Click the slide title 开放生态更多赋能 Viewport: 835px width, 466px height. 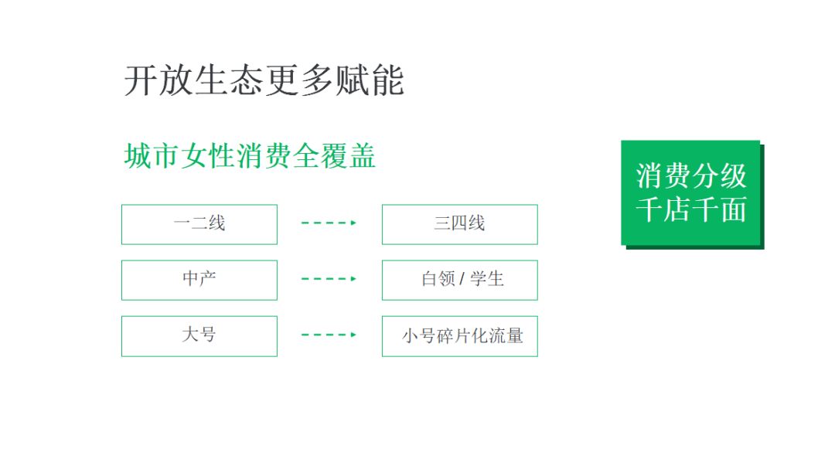pos(264,81)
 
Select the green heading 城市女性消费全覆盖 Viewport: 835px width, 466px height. pos(250,156)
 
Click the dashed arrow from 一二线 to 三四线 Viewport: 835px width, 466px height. pos(329,223)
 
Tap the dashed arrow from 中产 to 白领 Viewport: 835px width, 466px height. pos(329,278)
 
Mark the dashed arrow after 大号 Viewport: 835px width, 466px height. pos(329,335)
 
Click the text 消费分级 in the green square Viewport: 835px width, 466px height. pos(691,175)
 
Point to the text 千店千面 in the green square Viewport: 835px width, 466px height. pos(691,209)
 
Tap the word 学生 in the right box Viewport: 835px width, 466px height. pos(487,278)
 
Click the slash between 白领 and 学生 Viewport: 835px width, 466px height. pos(462,278)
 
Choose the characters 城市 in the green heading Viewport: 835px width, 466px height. pos(152,156)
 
